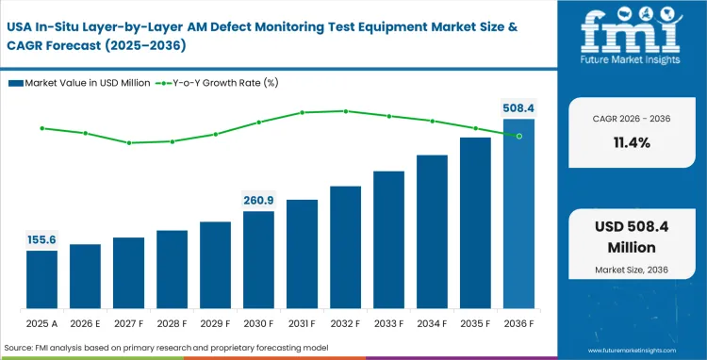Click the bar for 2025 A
click(41, 281)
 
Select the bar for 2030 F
click(258, 261)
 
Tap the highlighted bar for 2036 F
click(518, 215)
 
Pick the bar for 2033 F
click(388, 241)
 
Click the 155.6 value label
click(41, 240)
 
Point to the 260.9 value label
click(258, 200)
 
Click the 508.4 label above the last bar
click(518, 108)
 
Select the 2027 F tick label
click(128, 323)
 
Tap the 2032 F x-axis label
click(345, 323)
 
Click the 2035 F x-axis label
click(475, 323)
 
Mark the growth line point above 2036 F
click(518, 136)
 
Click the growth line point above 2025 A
click(41, 128)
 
